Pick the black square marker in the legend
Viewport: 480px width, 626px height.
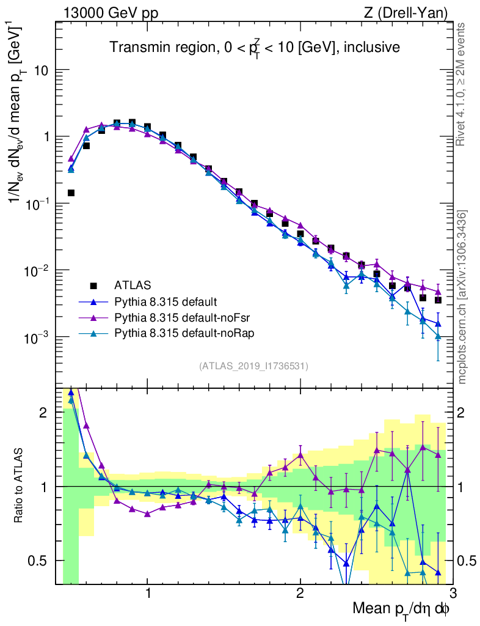93,285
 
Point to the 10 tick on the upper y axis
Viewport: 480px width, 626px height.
42,70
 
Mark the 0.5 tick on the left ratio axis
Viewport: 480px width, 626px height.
40,561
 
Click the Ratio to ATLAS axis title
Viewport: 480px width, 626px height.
20,486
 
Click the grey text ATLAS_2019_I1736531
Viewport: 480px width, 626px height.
253,366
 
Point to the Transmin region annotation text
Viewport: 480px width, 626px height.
255,47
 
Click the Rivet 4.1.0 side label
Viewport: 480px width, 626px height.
462,84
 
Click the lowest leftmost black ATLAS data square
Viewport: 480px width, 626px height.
71,193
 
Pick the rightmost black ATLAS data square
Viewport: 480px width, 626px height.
438,300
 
